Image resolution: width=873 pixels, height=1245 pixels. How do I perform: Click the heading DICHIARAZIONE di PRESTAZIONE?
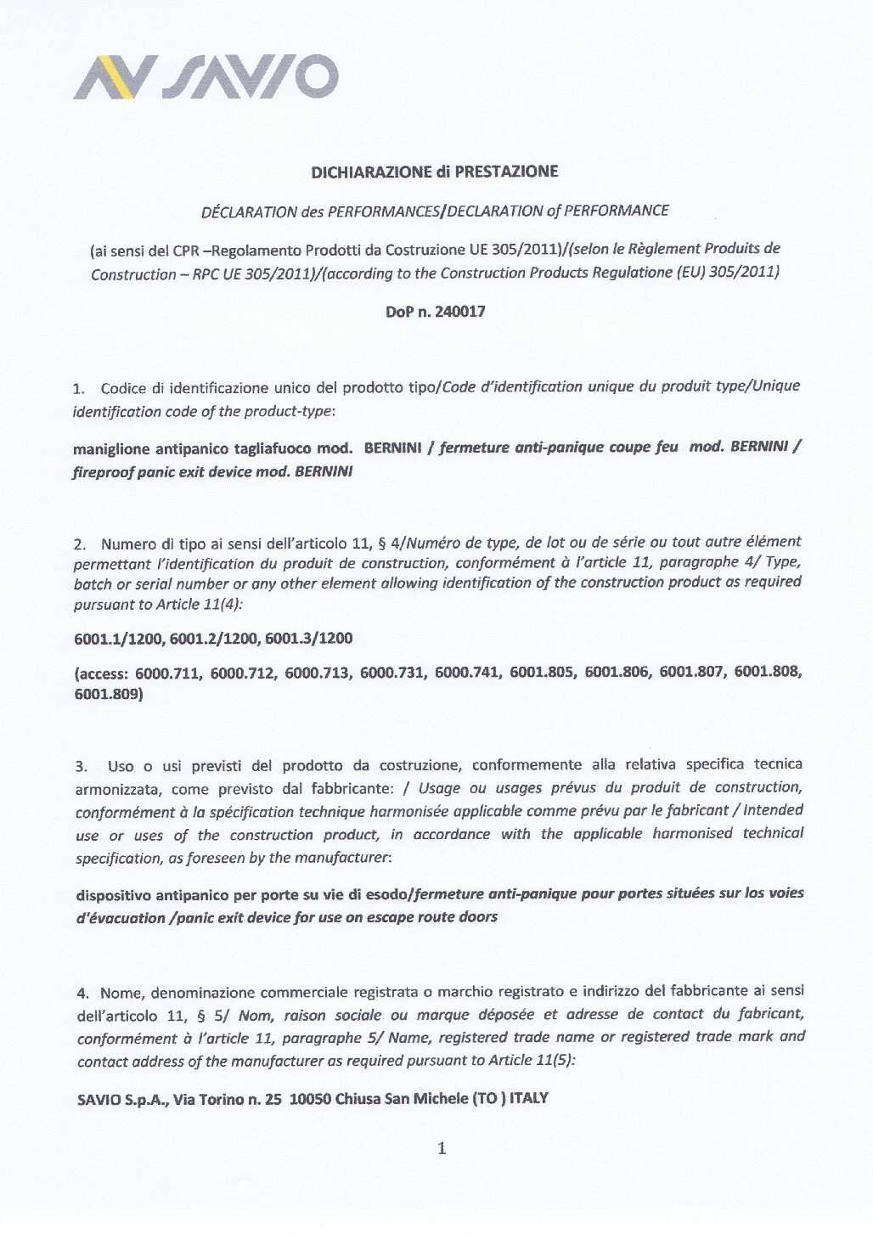(435, 172)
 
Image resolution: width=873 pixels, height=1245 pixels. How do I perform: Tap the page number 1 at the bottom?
(441, 1150)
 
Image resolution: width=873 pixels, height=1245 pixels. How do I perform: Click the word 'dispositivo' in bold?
(115, 895)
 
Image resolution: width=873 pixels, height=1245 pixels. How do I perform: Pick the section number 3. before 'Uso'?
(80, 768)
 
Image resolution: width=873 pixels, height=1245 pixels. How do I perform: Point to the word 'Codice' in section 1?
(123, 389)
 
